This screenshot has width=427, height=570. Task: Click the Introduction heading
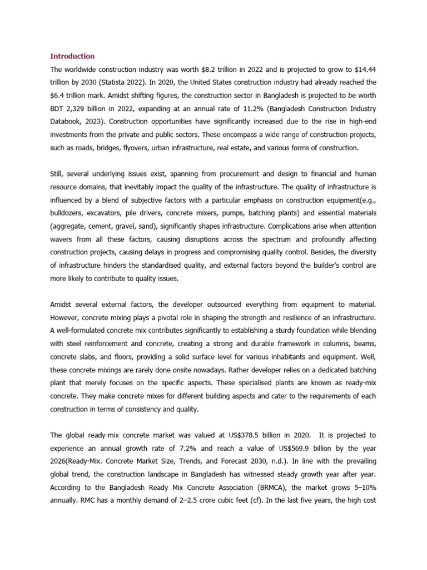click(x=72, y=56)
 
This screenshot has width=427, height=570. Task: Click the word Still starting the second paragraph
click(x=57, y=175)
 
